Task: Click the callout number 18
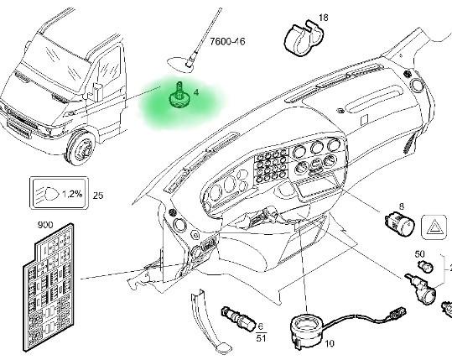pos(324,18)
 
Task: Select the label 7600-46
pos(227,42)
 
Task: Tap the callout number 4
pos(196,92)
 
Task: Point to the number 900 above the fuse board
pos(45,225)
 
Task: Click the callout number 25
pos(98,196)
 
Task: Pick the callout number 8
pos(402,206)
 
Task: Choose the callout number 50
pos(419,253)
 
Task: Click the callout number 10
pos(330,343)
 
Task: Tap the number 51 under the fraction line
pos(261,338)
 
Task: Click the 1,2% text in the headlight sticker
pos(72,194)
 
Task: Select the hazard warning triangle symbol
pos(434,228)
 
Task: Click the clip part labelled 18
pos(303,38)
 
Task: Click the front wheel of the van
pos(81,148)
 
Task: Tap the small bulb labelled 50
pos(425,266)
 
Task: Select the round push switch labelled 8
pos(399,223)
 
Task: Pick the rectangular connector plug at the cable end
pos(397,313)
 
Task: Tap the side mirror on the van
pos(97,92)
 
